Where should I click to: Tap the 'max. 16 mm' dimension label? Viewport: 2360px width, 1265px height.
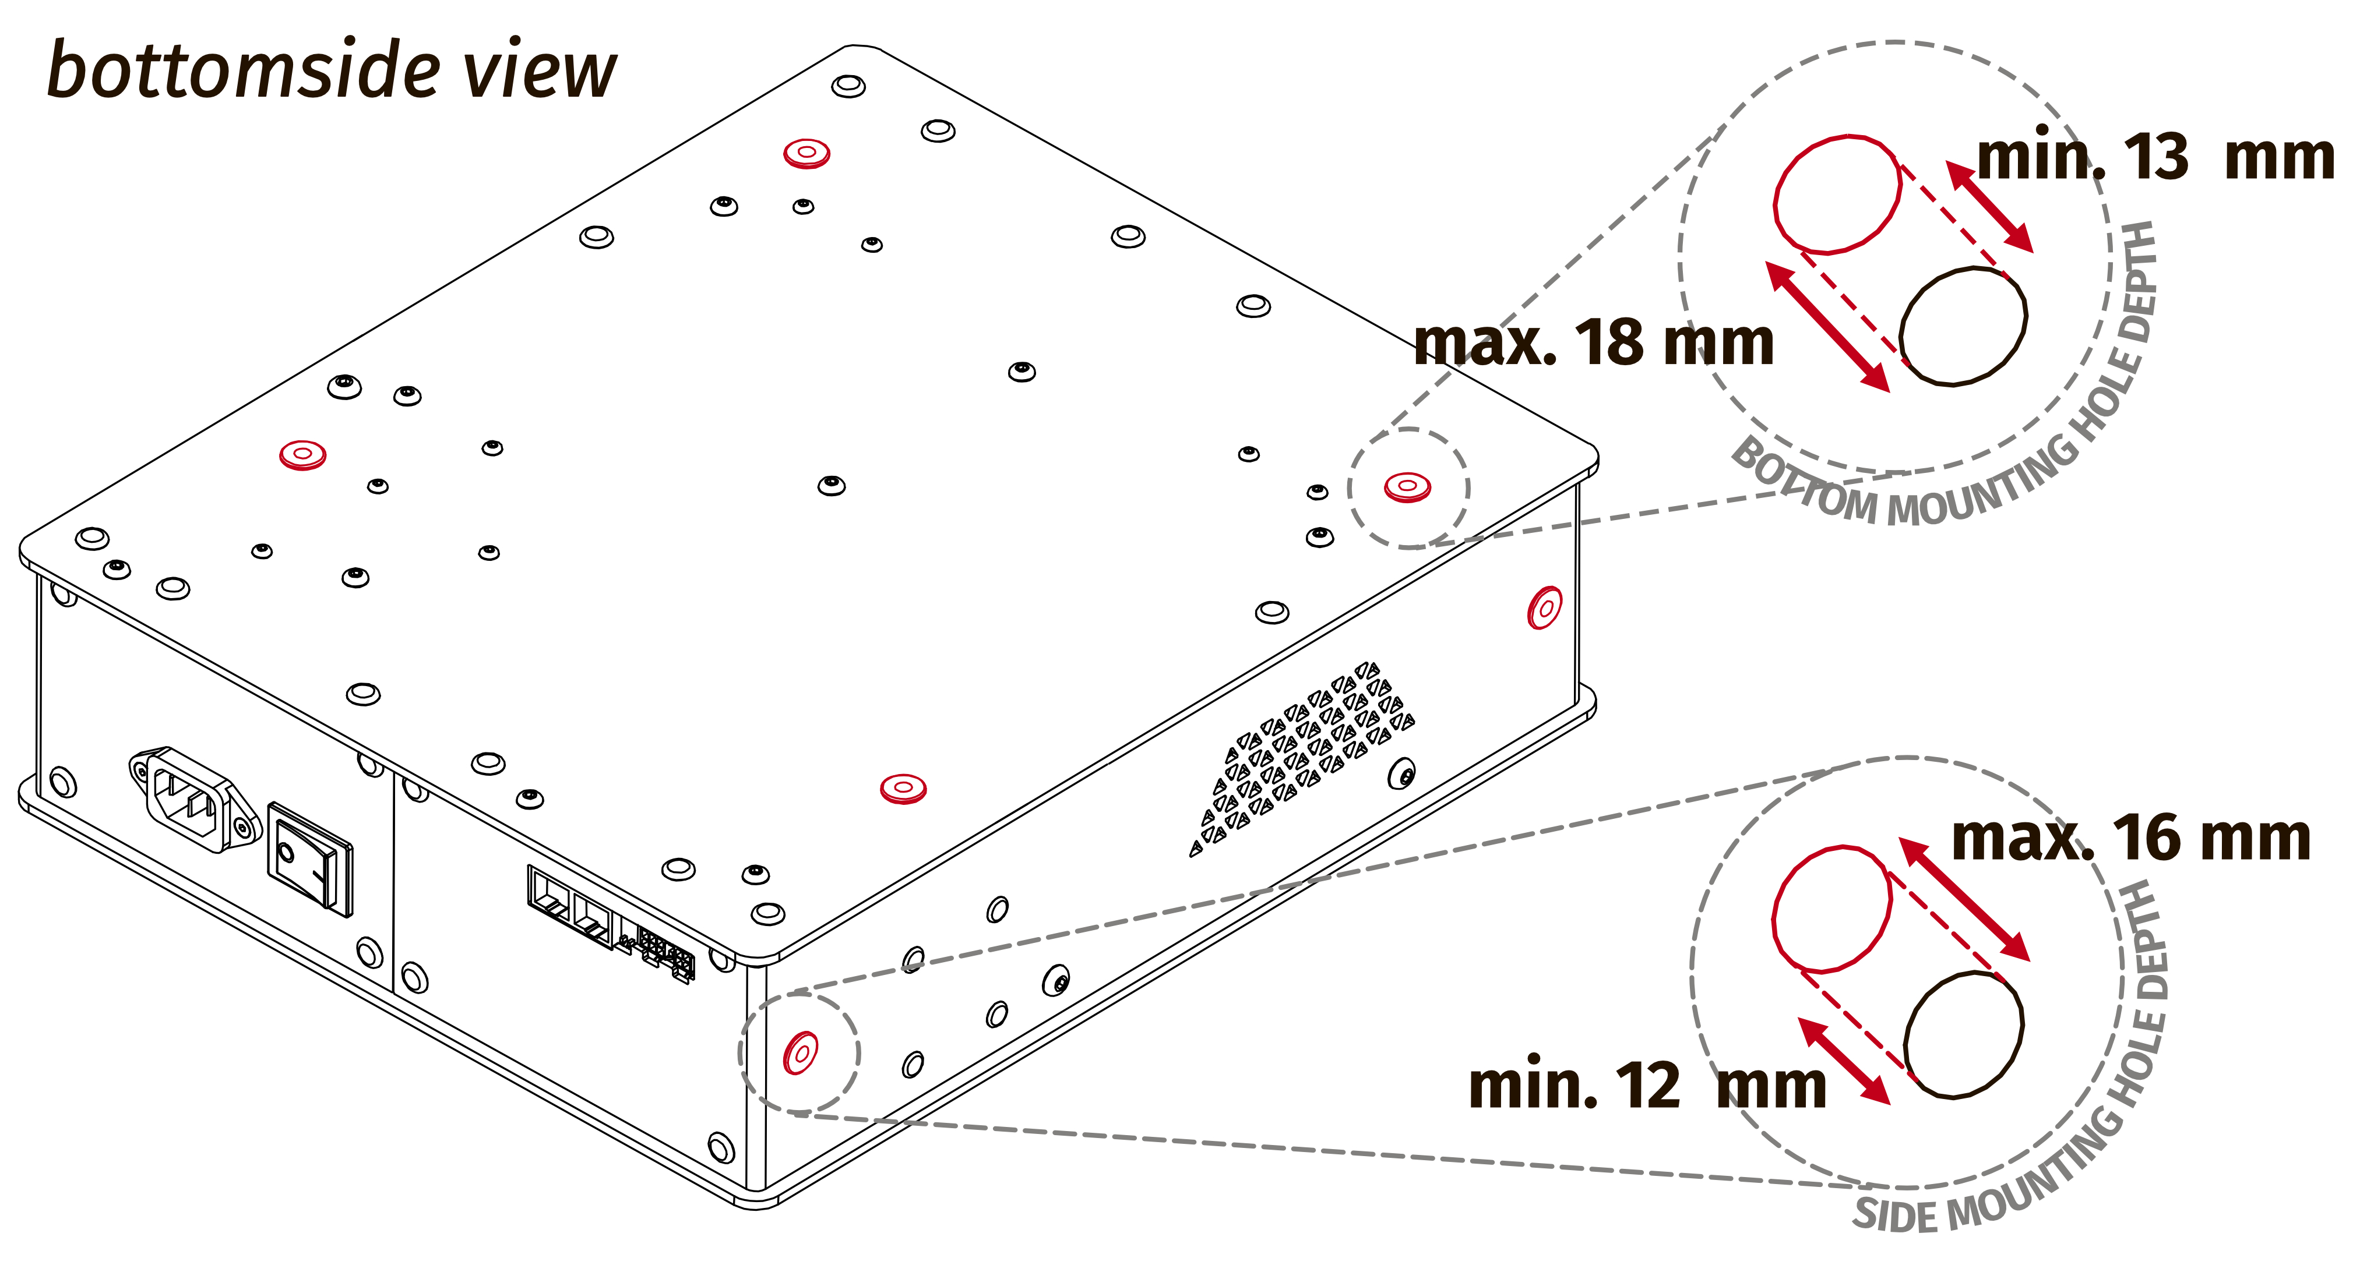2130,838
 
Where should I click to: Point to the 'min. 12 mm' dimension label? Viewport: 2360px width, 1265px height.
1646,1086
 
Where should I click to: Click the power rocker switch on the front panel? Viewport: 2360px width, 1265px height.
309,858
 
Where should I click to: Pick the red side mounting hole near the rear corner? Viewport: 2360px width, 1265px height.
1545,607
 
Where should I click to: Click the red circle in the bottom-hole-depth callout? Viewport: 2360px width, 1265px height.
1837,194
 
